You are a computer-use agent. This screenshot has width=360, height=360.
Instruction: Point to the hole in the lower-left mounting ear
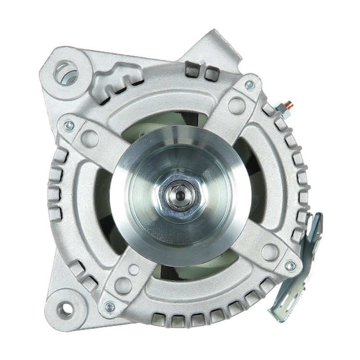click(65, 309)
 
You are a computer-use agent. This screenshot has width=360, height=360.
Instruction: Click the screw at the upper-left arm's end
click(69, 126)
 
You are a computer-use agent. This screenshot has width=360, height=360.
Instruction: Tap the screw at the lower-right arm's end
click(291, 266)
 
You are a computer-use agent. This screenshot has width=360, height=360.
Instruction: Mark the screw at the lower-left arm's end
click(109, 307)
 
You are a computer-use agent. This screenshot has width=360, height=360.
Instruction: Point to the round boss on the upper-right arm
click(237, 106)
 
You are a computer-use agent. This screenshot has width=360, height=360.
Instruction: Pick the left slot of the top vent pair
click(192, 70)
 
